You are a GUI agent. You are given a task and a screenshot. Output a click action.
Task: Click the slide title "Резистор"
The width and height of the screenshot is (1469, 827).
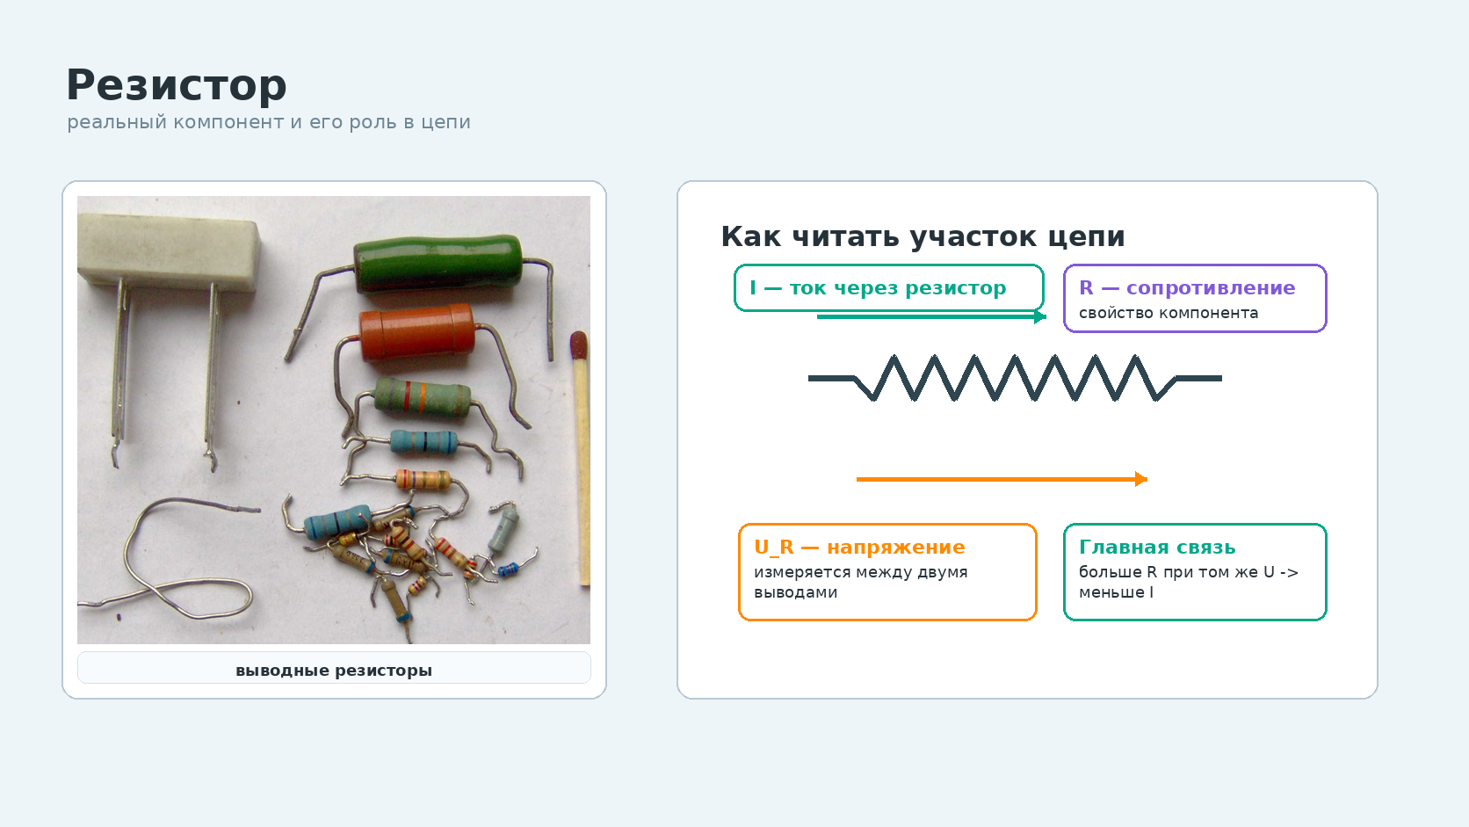point(177,86)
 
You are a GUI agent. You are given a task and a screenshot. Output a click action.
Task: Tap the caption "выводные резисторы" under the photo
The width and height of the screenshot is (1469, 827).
point(334,671)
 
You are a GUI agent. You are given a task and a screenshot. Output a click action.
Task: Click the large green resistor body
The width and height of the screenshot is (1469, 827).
point(438,264)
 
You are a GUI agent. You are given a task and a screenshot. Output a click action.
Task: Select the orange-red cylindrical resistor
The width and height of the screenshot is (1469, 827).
point(417,332)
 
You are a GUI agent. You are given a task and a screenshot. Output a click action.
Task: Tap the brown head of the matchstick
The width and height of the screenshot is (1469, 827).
point(578,345)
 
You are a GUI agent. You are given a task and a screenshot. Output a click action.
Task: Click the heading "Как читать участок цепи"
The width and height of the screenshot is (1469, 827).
point(923,236)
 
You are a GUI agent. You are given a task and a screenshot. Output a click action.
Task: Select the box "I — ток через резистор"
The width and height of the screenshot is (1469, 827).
point(888,288)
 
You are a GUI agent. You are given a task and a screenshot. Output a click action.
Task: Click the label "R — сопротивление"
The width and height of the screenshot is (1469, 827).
point(1187,287)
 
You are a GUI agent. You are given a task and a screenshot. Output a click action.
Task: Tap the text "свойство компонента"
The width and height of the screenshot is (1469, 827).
point(1169,313)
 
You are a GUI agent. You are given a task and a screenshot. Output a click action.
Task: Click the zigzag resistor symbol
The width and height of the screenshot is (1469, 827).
point(1015,378)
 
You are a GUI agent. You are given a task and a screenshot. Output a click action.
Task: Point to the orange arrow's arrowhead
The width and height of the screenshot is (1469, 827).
point(1142,479)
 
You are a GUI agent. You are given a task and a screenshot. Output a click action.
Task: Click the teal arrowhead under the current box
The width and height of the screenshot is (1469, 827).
point(1040,316)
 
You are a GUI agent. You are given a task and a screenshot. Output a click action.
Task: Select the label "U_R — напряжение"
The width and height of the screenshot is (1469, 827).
point(859,547)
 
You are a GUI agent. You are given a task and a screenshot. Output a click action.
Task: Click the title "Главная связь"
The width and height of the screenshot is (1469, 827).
point(1157,547)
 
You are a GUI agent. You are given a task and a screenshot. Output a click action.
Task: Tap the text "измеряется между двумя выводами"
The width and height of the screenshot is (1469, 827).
point(860,582)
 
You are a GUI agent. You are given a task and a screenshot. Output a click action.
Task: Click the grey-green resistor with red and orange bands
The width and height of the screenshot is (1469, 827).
point(423,396)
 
